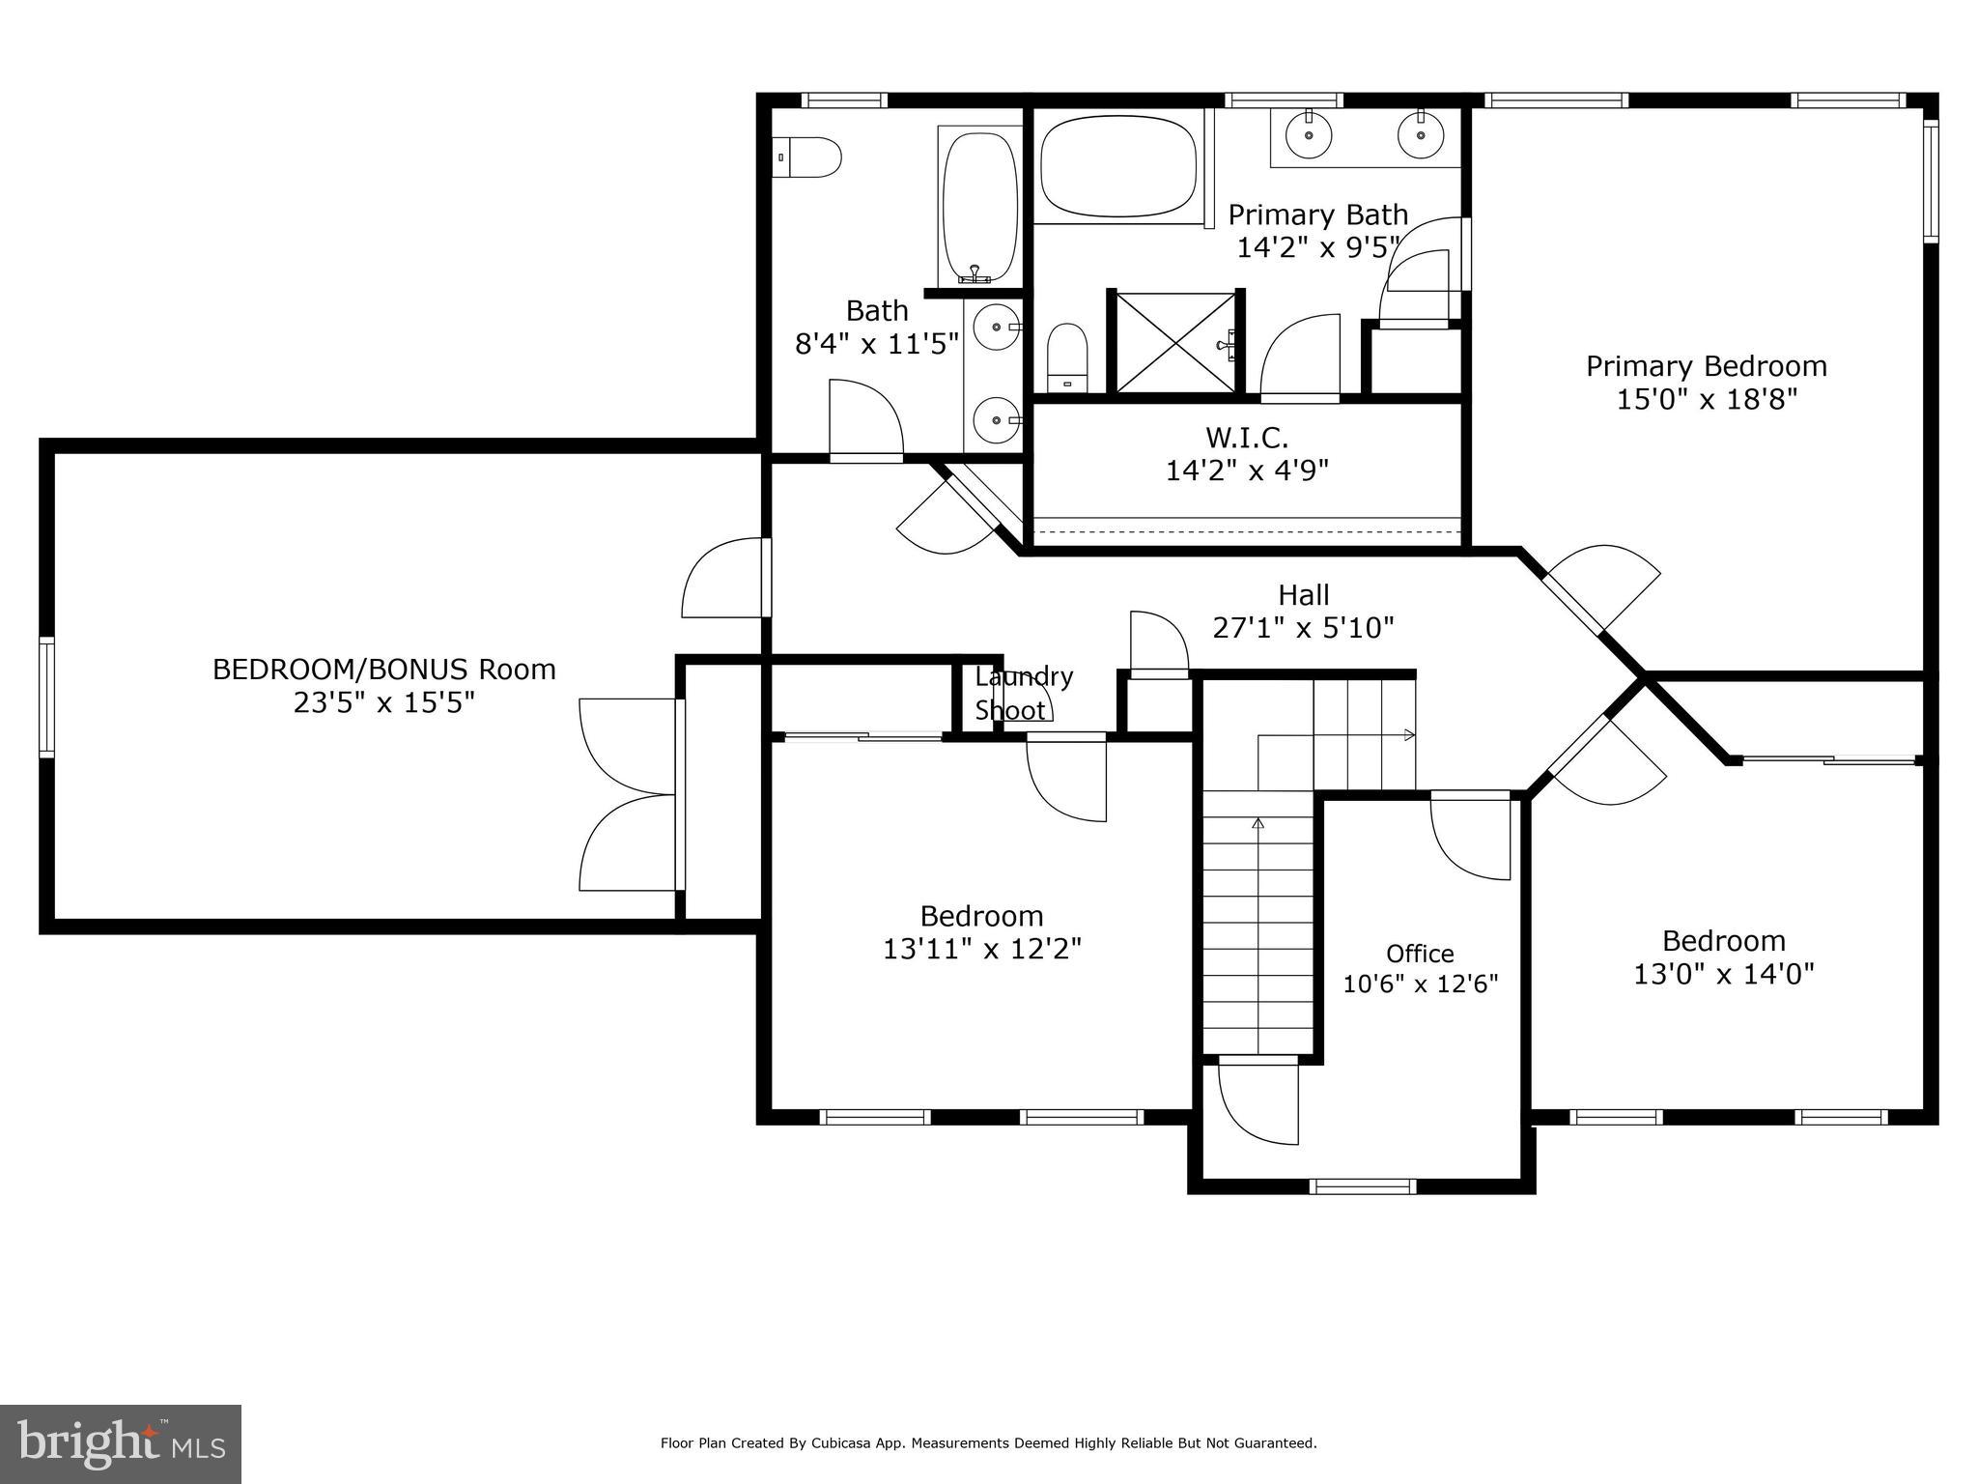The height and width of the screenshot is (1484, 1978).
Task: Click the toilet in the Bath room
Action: coord(809,157)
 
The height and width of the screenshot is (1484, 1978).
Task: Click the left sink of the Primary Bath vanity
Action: coord(1310,136)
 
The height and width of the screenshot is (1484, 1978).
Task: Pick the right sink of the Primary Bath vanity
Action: coord(1421,136)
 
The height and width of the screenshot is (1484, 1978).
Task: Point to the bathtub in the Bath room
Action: coord(979,206)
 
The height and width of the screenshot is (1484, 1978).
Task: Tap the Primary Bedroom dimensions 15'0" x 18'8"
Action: coord(1707,399)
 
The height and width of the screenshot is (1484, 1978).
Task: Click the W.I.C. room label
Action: coord(1247,438)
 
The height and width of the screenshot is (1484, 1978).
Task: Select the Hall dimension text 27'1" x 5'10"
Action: coord(1303,628)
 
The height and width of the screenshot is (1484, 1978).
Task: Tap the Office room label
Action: coord(1420,954)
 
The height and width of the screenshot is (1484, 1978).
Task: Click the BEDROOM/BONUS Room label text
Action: coord(383,669)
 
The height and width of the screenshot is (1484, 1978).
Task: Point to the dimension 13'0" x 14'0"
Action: coord(1723,974)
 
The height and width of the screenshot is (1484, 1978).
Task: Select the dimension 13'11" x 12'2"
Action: coord(981,949)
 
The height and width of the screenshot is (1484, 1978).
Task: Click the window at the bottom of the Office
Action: coord(1362,1186)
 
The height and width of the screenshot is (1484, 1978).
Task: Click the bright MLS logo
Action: coord(120,1443)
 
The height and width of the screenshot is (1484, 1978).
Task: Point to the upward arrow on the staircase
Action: coord(1257,824)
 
